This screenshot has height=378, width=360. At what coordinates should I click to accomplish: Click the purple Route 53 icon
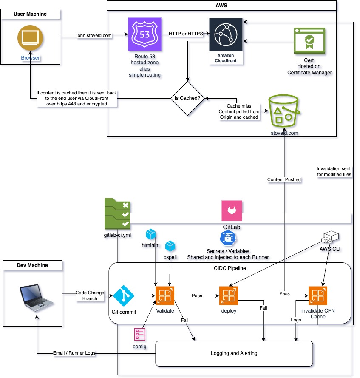145,34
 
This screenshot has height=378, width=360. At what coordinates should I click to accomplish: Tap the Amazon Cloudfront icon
226,35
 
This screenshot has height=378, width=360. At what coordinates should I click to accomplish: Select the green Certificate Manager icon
309,41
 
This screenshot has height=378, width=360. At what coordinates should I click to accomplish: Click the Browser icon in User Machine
31,38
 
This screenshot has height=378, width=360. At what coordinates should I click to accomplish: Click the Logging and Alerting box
234,353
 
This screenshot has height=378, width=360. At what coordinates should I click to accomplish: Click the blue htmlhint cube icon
151,234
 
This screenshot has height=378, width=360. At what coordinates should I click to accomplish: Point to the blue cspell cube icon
170,246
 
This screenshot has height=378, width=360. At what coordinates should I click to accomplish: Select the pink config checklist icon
139,335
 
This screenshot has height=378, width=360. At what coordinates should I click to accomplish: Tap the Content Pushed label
284,179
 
